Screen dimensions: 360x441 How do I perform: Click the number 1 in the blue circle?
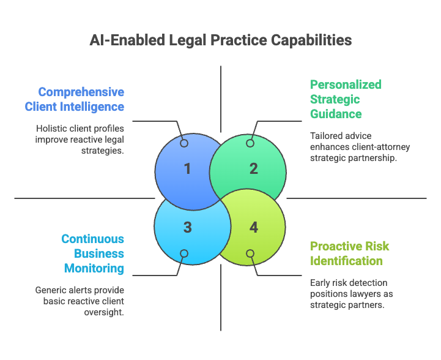click(187, 168)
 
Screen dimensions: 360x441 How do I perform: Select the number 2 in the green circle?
click(253, 168)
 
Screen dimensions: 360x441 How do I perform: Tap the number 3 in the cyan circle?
click(187, 227)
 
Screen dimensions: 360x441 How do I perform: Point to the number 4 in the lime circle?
click(253, 227)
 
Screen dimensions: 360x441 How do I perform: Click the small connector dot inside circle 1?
click(184, 143)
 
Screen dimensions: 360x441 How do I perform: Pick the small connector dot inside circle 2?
click(250, 143)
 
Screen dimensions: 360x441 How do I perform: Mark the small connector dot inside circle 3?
click(184, 253)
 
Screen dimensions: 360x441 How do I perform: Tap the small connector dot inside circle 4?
click(250, 253)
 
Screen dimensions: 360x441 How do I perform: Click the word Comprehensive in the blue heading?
click(81, 92)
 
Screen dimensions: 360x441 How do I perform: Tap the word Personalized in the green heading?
click(346, 84)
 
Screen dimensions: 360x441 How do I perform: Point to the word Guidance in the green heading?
click(336, 114)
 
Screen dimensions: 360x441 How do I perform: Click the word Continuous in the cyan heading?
click(92, 239)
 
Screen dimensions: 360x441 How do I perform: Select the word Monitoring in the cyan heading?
click(94, 268)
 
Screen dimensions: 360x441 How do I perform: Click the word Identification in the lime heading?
click(347, 261)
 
